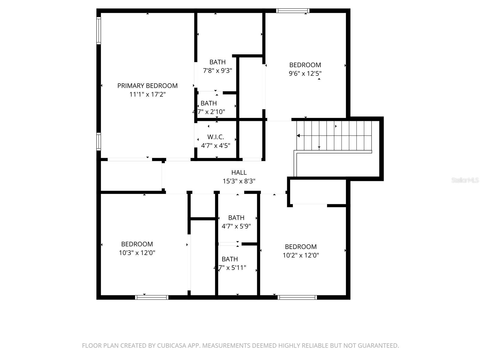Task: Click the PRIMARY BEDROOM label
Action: click(x=147, y=86)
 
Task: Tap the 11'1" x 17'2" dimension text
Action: click(x=147, y=94)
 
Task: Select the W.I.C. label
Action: click(x=215, y=137)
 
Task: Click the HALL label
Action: click(x=239, y=172)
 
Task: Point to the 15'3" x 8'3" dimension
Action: click(x=239, y=181)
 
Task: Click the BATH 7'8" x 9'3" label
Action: click(x=217, y=62)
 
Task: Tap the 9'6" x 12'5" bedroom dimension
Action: click(x=305, y=73)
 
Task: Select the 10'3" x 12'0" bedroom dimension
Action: click(x=137, y=253)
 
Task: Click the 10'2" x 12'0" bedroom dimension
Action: click(x=301, y=255)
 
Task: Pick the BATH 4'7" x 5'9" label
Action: click(x=236, y=218)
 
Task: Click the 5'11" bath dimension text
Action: click(x=230, y=268)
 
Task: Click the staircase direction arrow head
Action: click(x=298, y=136)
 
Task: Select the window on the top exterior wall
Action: click(x=292, y=11)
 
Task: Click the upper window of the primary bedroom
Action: click(x=98, y=31)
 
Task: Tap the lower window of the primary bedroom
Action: click(x=98, y=141)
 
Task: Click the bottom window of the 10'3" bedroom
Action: click(x=151, y=297)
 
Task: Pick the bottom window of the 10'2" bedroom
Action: click(x=297, y=297)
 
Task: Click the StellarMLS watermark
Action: click(x=465, y=180)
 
